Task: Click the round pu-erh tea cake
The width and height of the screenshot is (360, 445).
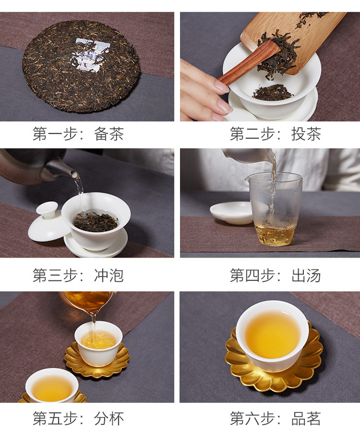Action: coord(81,67)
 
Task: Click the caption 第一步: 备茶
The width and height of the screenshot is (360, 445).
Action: coord(78,134)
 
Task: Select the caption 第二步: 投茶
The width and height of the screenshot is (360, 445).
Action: coord(275,134)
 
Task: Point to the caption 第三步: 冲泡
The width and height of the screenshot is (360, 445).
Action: coord(78,275)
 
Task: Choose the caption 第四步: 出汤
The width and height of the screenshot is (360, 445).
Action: coord(275,275)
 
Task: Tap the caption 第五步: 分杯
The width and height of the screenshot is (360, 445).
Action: coord(78,418)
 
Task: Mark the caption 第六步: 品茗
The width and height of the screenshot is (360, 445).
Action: coord(275,418)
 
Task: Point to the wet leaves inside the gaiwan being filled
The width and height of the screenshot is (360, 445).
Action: coord(96,221)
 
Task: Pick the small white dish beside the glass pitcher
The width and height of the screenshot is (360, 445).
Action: coord(231,213)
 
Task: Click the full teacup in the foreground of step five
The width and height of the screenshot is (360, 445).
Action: coord(52,386)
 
